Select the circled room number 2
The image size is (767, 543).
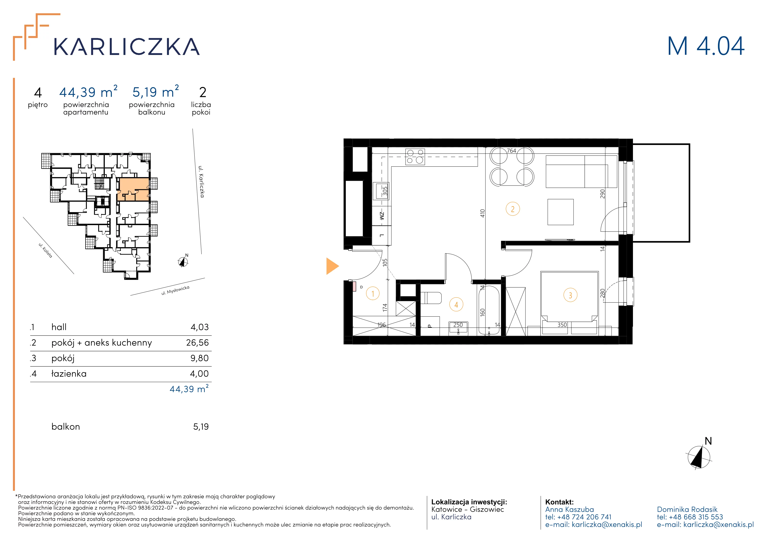pyautogui.click(x=513, y=209)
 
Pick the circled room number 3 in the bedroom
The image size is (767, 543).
pyautogui.click(x=570, y=295)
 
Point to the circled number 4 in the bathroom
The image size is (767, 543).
pyautogui.click(x=456, y=305)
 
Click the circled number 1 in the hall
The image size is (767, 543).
pyautogui.click(x=373, y=294)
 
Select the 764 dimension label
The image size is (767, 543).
pyautogui.click(x=512, y=151)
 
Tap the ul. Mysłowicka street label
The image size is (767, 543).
pyautogui.click(x=175, y=291)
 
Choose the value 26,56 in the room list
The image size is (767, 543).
pyautogui.click(x=197, y=343)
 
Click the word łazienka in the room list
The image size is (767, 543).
pyautogui.click(x=69, y=374)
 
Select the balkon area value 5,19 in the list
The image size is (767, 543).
pyautogui.click(x=201, y=427)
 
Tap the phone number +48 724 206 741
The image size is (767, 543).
pyautogui.click(x=584, y=517)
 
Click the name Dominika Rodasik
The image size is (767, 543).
pyautogui.click(x=687, y=510)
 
